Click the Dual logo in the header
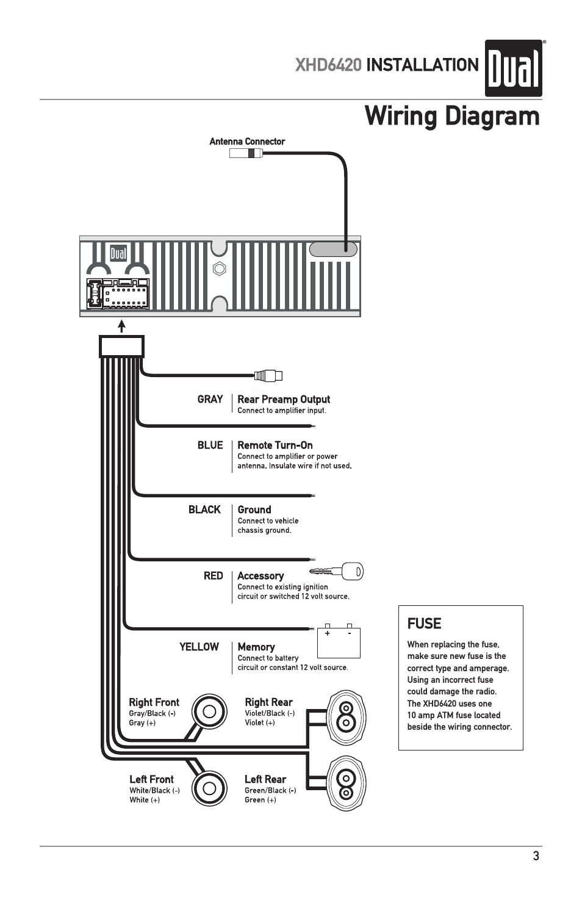[x=513, y=68]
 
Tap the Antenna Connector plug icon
[x=245, y=154]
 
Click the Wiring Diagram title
[x=451, y=116]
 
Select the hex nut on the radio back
[x=220, y=268]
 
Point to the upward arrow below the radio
[x=122, y=326]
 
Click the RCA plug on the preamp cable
[x=268, y=376]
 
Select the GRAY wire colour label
[x=210, y=399]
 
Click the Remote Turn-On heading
[x=275, y=445]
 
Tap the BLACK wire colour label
[x=204, y=509]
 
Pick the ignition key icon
[x=337, y=572]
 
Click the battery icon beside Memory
[x=339, y=642]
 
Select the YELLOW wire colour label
[x=199, y=647]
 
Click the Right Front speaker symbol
[x=209, y=711]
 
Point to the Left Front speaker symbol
[x=209, y=788]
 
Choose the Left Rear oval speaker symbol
[x=346, y=785]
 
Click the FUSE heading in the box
[x=424, y=624]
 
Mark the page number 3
[x=536, y=856]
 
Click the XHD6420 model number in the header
[x=328, y=65]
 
